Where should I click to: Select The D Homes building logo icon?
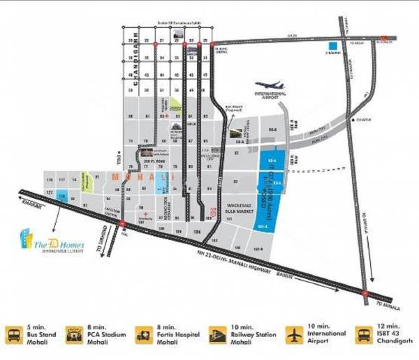click(x=27, y=239)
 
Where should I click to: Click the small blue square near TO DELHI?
click(x=332, y=48)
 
